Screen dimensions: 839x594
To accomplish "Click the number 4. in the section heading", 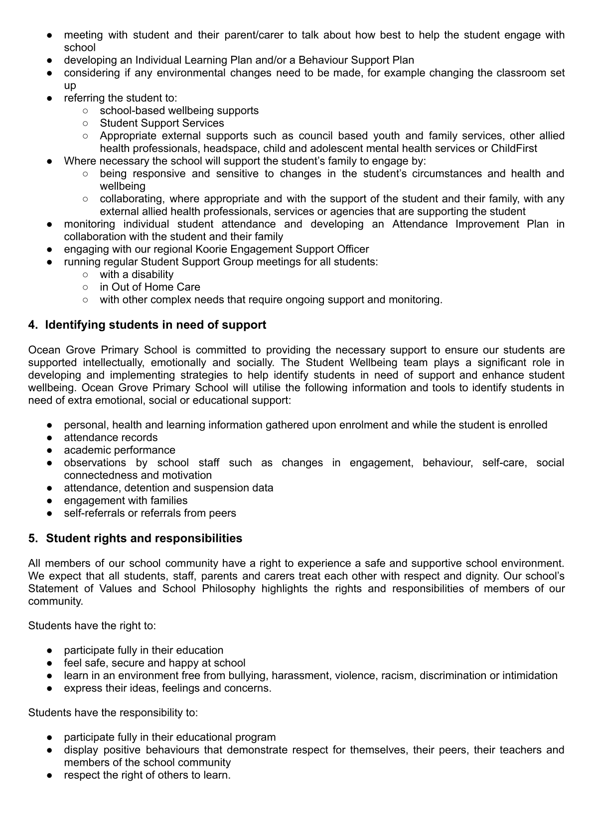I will (33, 325).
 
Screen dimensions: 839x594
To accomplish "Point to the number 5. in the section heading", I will (33, 539).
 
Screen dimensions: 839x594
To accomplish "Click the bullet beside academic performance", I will (50, 450).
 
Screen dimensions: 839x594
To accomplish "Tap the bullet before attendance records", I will (50, 438).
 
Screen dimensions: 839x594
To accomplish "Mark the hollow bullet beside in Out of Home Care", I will (85, 287).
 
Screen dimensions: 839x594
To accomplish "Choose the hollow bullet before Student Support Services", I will (85, 124).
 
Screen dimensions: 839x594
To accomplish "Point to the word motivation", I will (187, 475).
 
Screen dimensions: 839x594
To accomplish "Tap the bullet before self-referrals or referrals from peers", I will (50, 513).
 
